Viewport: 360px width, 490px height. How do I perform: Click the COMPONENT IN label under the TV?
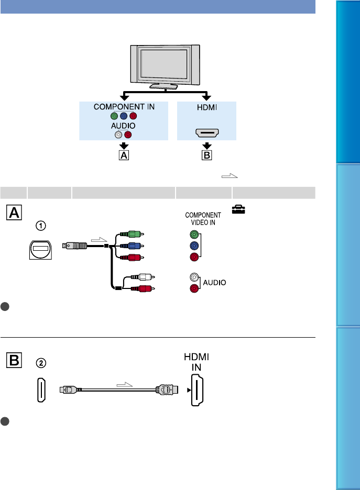pyautogui.click(x=124, y=107)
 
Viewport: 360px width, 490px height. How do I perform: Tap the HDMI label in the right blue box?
pyautogui.click(x=207, y=107)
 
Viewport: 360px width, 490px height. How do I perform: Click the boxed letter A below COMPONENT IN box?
pyautogui.click(x=124, y=155)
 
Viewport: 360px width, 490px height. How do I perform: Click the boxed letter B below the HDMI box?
pyautogui.click(x=207, y=155)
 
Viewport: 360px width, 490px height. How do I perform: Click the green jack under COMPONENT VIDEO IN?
pyautogui.click(x=195, y=235)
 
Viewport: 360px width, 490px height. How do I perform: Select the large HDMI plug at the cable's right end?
pyautogui.click(x=166, y=389)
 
